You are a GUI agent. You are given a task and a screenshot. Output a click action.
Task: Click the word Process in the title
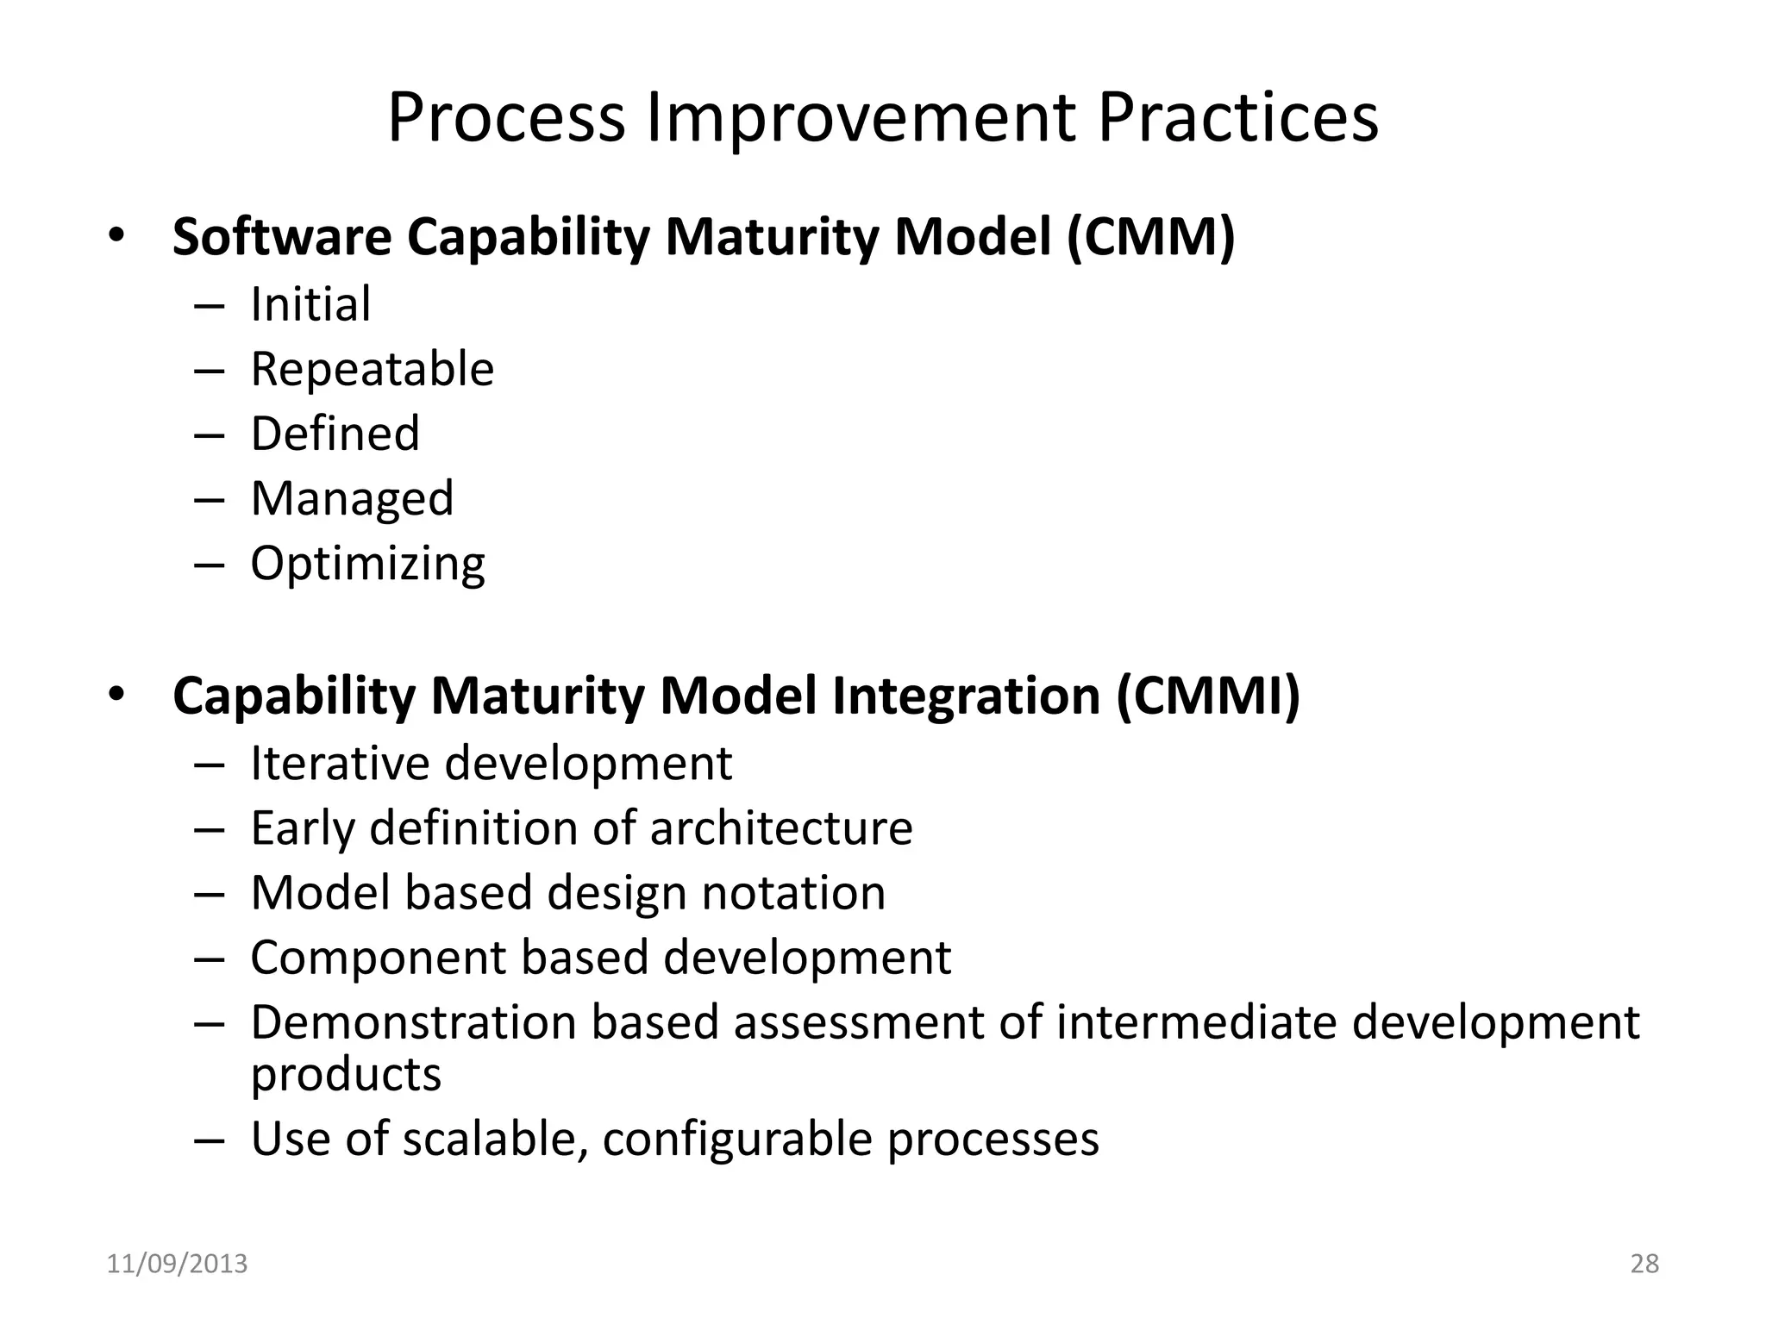click(506, 118)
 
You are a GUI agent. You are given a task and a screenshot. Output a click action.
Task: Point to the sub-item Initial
click(310, 304)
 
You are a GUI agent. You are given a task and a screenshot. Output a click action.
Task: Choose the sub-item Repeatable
click(372, 370)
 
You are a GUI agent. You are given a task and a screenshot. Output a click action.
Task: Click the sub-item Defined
click(335, 434)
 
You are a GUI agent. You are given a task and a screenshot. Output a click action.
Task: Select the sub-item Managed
click(352, 499)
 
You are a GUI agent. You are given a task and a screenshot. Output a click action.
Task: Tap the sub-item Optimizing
click(367, 565)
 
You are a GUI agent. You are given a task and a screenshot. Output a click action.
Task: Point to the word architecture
click(780, 828)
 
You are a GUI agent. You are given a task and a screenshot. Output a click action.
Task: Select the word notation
click(793, 893)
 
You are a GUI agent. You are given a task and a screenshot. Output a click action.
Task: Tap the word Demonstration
click(413, 1023)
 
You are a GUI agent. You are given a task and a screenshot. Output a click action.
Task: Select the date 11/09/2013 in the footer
click(177, 1265)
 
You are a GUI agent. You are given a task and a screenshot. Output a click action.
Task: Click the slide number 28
click(1644, 1265)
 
